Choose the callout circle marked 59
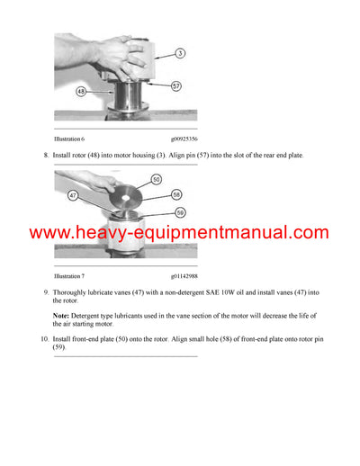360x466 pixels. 179,212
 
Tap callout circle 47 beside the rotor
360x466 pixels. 72,193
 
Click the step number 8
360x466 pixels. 46,157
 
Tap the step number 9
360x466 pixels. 46,293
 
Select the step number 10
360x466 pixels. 44,338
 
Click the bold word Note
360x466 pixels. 63,315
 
